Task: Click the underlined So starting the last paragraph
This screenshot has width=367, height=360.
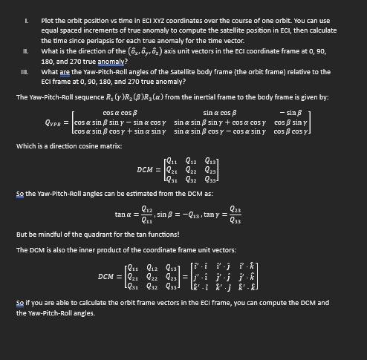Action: [x=19, y=304]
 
